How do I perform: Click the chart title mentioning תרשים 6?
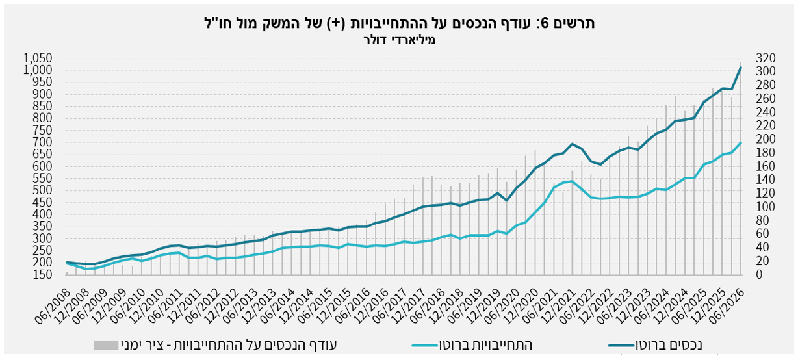click(x=400, y=23)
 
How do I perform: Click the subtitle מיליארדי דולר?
click(x=400, y=40)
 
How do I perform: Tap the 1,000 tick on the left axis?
click(x=38, y=70)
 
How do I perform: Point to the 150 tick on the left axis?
click(x=42, y=274)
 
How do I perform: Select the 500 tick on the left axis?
click(x=42, y=190)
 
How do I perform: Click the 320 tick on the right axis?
click(x=766, y=58)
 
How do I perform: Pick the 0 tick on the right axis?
click(x=759, y=274)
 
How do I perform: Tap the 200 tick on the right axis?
click(x=766, y=139)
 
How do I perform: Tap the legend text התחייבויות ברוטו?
click(x=485, y=345)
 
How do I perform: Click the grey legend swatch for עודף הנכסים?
click(x=106, y=345)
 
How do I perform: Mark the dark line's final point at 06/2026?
click(x=741, y=67)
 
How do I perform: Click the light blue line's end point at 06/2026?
click(x=741, y=142)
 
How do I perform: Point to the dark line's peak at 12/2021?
click(x=572, y=144)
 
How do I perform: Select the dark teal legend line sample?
click(x=621, y=346)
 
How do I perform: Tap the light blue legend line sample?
click(x=424, y=346)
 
